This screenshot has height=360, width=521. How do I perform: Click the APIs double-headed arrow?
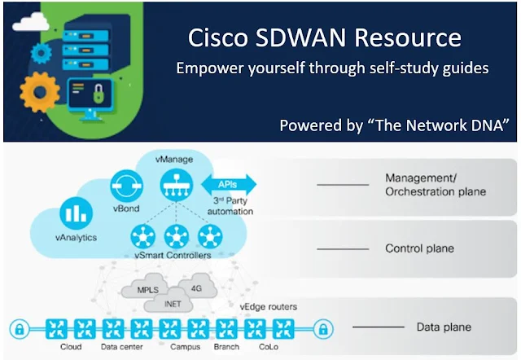234,184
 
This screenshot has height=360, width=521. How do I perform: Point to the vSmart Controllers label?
173,256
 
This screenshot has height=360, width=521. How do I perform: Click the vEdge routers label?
269,306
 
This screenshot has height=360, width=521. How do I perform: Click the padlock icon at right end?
322,329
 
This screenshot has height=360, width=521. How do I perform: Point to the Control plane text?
420,248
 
